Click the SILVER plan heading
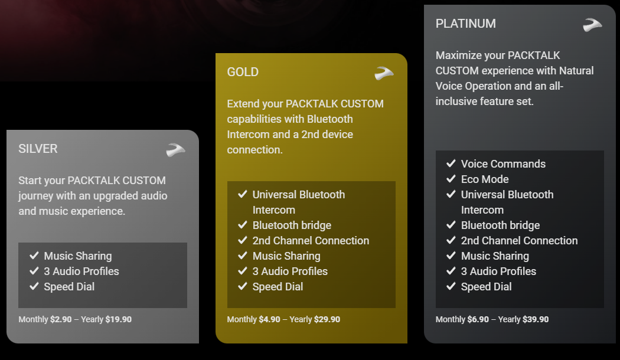(38, 149)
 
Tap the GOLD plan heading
(243, 72)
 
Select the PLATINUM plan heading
(466, 24)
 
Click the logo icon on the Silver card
(175, 150)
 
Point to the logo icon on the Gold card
(384, 73)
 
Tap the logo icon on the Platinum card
(592, 25)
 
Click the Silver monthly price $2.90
(61, 319)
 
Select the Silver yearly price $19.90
(119, 319)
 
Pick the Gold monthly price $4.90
(270, 319)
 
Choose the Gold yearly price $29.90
(327, 319)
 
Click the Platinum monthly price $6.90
(478, 319)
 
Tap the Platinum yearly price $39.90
(536, 319)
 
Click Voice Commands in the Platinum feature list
(503, 164)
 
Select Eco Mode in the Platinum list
(485, 179)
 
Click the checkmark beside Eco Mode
(451, 179)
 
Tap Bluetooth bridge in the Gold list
(292, 225)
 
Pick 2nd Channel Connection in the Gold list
(311, 241)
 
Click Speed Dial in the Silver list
(69, 287)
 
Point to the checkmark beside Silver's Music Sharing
(34, 256)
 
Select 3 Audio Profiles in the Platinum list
(498, 271)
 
